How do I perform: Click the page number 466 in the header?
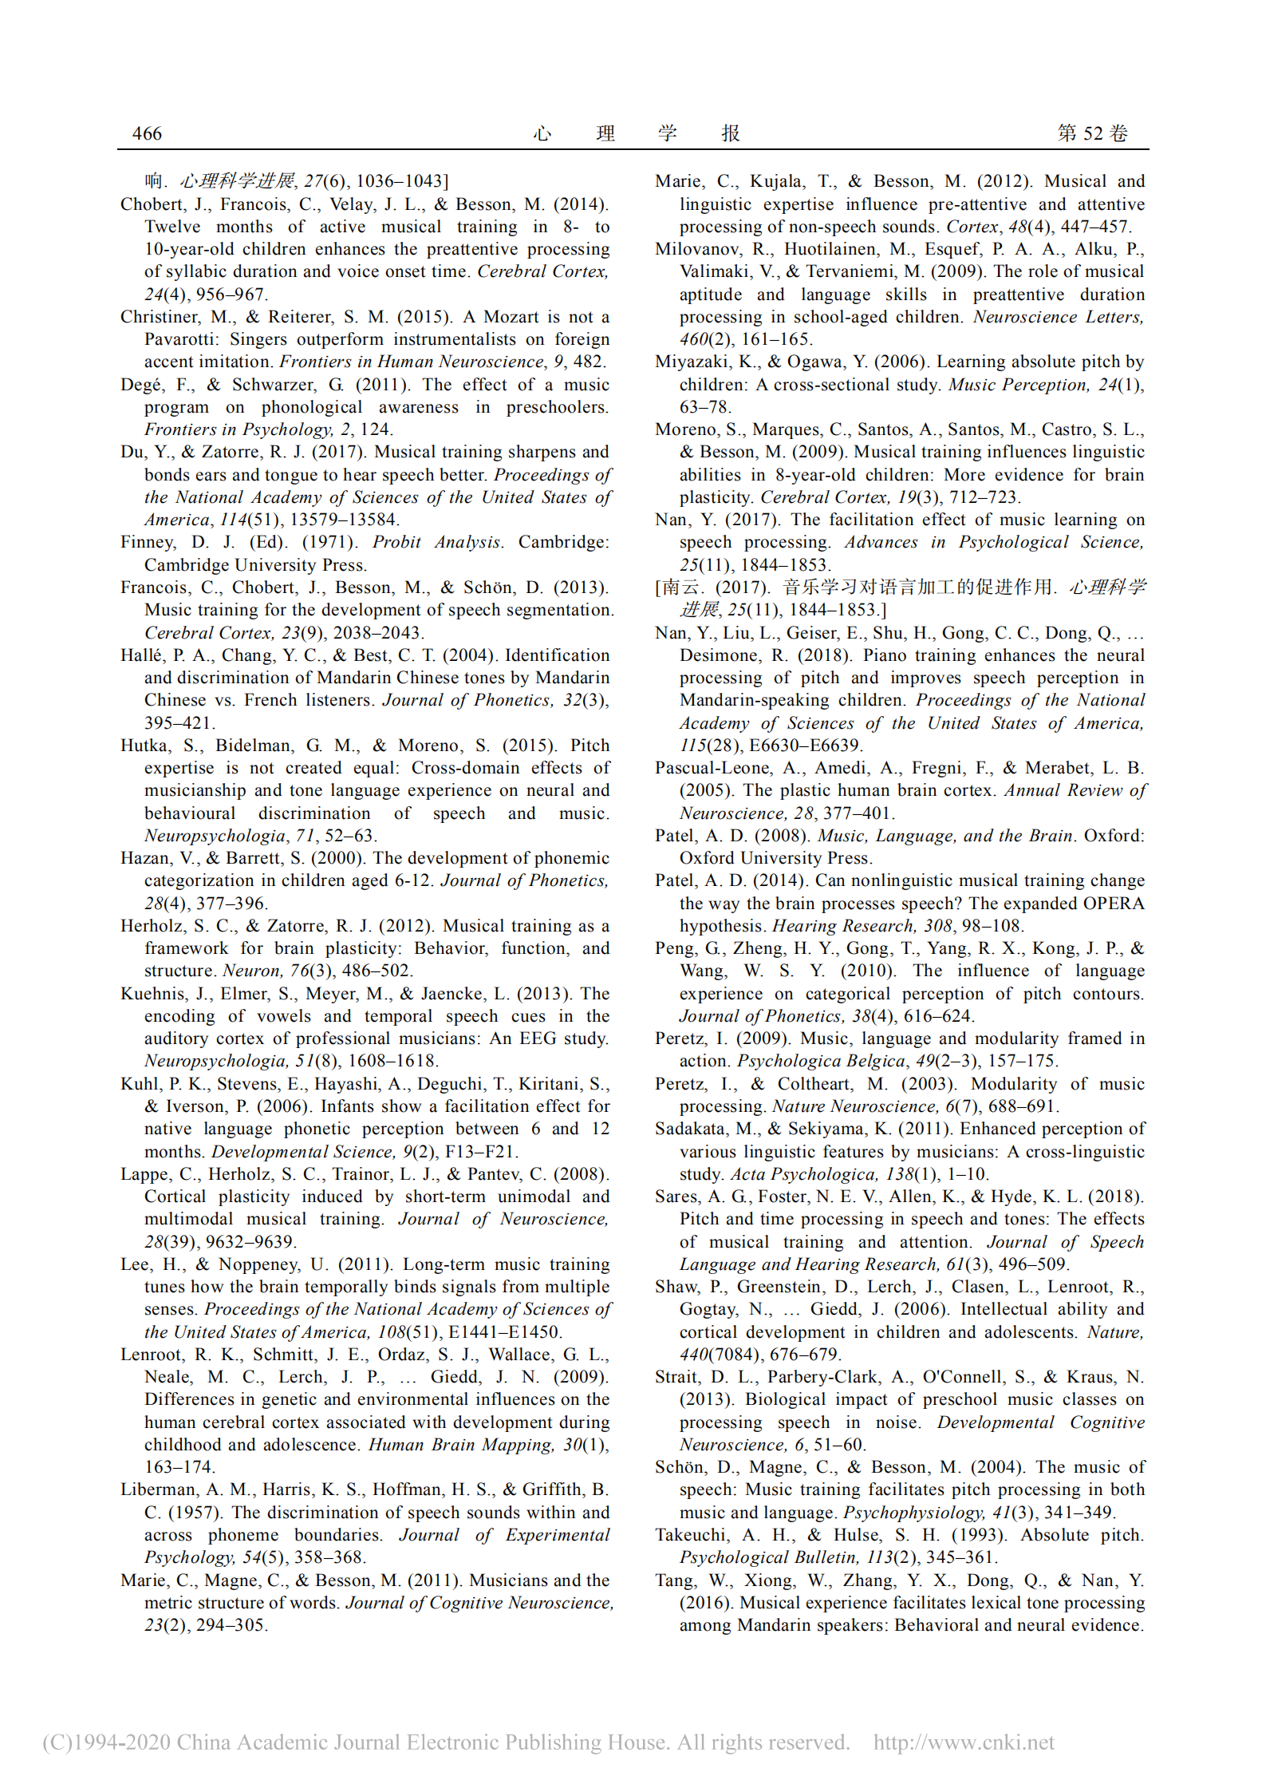(x=147, y=133)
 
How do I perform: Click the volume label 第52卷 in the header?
(x=1092, y=133)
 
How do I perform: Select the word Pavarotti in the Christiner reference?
(x=179, y=339)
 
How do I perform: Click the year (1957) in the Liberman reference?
(x=195, y=1512)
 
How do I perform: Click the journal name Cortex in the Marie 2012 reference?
(x=972, y=227)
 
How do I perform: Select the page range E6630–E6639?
(x=804, y=745)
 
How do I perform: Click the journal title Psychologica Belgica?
(x=821, y=1061)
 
